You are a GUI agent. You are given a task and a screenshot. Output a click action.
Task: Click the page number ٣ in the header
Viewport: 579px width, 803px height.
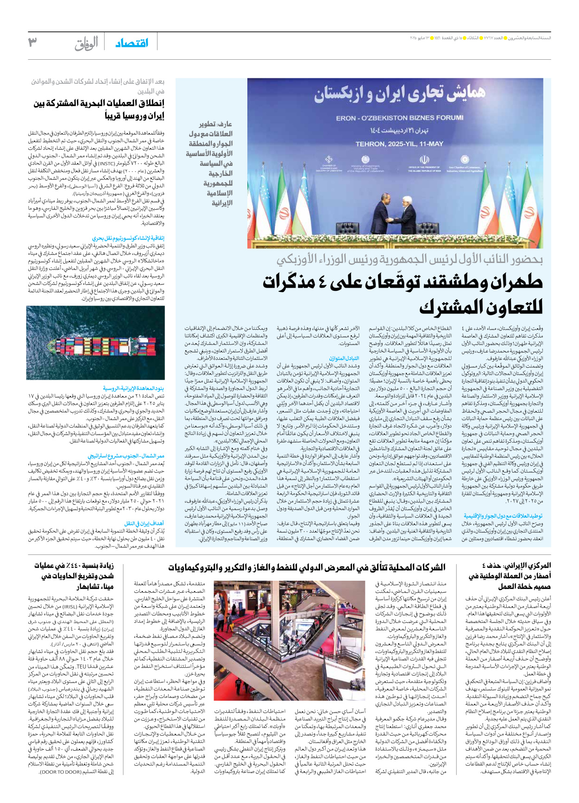32,43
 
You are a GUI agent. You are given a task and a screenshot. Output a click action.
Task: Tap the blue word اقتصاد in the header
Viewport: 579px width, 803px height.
132,43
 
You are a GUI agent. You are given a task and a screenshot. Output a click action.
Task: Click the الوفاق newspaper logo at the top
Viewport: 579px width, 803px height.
87,44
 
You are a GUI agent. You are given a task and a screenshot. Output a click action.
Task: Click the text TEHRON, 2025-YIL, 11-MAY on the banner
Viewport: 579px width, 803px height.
399,144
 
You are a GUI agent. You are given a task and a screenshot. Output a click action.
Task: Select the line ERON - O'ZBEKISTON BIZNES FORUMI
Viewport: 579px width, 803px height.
399,118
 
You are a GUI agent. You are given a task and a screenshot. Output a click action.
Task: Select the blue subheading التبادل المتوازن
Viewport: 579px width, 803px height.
344,358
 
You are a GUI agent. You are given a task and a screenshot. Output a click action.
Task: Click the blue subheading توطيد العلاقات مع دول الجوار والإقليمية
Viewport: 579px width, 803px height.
503,515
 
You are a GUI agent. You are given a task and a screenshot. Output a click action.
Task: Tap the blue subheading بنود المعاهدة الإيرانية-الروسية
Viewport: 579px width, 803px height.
133,389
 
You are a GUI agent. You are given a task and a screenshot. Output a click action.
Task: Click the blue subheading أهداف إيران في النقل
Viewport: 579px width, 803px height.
144,523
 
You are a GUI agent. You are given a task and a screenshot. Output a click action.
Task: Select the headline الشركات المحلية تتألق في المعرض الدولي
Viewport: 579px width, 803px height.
307,567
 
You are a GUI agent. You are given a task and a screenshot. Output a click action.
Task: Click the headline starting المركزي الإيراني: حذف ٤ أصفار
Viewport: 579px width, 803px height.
510,576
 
